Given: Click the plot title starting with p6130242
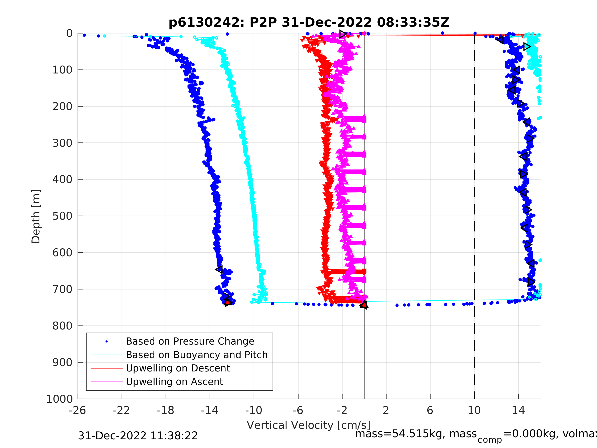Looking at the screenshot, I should (309, 23).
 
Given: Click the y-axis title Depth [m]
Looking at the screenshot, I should (36, 216).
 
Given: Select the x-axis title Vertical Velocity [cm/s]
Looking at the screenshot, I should (309, 425).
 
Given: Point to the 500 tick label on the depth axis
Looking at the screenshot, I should (62, 216).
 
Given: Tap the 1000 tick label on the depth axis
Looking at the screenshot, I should (59, 399).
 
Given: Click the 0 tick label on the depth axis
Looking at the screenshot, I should (69, 34).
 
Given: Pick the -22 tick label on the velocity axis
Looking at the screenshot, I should (122, 410).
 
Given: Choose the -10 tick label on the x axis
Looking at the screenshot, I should (254, 410).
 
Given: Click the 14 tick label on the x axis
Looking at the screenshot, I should (518, 410).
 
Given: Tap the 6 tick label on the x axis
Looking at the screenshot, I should (430, 410).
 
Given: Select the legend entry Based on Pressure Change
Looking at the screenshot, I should (190, 341).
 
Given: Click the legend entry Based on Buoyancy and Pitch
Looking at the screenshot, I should (197, 355).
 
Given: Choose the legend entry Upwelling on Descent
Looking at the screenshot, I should (178, 368).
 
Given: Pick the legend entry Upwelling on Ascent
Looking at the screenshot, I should (174, 382).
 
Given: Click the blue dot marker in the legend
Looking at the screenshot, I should (107, 342).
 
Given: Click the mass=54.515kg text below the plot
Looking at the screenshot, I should (416, 434).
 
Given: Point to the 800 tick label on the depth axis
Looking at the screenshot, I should (62, 326).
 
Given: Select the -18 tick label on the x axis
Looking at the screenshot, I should (166, 410).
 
